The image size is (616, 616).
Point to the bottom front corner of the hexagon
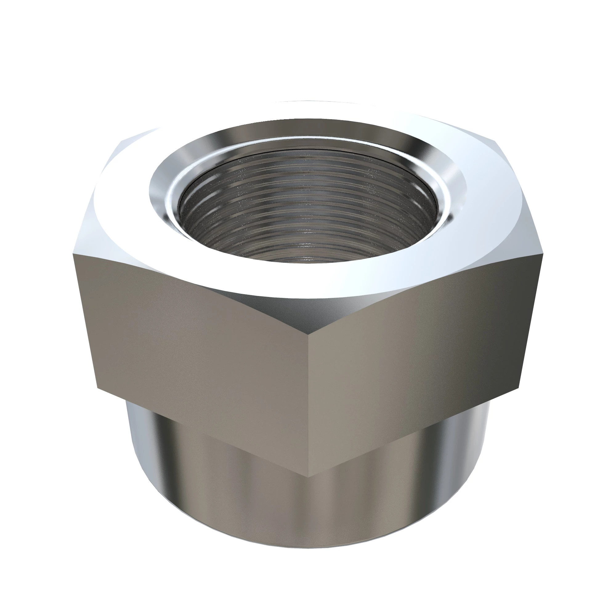(308, 486)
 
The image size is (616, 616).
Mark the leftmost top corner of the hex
(73, 255)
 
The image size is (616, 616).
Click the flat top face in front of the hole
(308, 281)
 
